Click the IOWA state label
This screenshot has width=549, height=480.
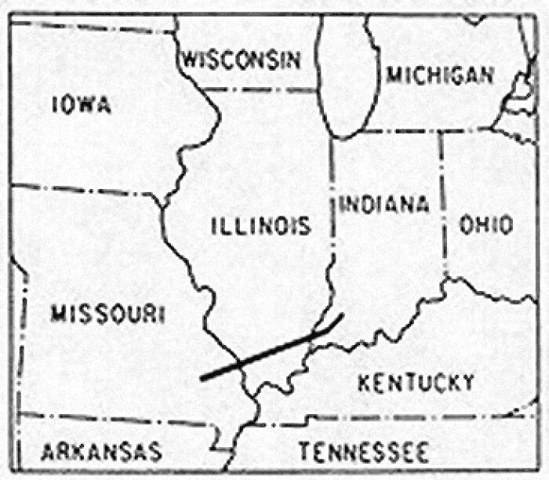pos(81,104)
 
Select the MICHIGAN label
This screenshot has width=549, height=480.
pos(440,75)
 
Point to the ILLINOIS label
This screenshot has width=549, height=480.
pos(261,227)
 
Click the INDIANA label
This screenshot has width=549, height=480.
pos(384,205)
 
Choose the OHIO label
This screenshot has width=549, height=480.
pos(486,225)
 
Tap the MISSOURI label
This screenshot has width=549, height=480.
pos(107,315)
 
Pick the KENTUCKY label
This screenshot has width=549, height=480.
pos(416,383)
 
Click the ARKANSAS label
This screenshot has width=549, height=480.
pos(101,452)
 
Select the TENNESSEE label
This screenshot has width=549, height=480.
pos(363,452)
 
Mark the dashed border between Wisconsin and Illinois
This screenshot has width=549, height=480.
pos(259,89)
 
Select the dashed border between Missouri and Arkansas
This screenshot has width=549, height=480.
pos(118,420)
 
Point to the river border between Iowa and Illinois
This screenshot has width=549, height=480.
pos(188,157)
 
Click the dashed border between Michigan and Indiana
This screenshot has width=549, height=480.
pos(392,131)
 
